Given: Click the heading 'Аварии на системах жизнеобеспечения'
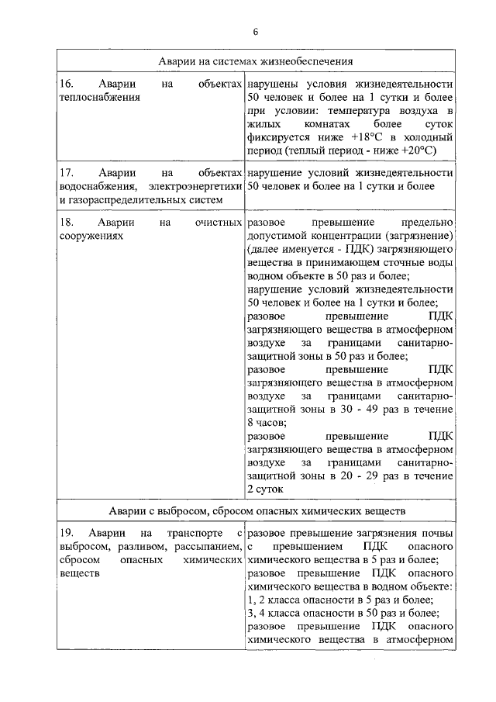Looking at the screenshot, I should coord(257,61).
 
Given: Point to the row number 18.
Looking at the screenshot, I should coord(67,223).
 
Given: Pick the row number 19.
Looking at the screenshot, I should coord(67,534).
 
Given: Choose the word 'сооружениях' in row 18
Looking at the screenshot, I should coord(91,237).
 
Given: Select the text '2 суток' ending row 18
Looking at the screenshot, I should coord(267,489).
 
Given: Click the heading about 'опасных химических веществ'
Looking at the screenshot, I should coord(257,512).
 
